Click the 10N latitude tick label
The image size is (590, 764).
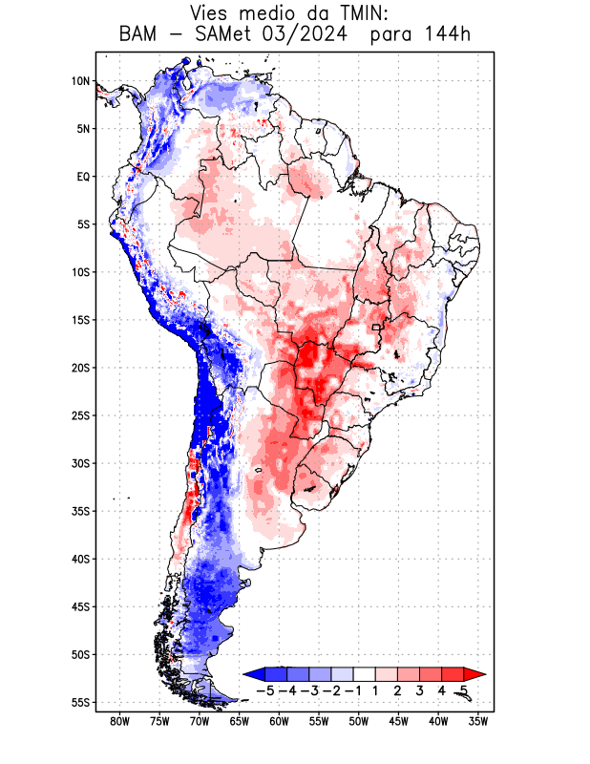80,81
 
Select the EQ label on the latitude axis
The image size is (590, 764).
83,177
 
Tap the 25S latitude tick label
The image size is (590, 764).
80,415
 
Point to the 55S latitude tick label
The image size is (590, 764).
80,703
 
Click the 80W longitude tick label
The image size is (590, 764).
119,721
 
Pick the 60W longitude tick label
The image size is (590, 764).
279,721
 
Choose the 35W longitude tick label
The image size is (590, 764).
478,721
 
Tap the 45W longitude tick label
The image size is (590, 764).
398,721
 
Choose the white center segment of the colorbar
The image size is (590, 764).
365,673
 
